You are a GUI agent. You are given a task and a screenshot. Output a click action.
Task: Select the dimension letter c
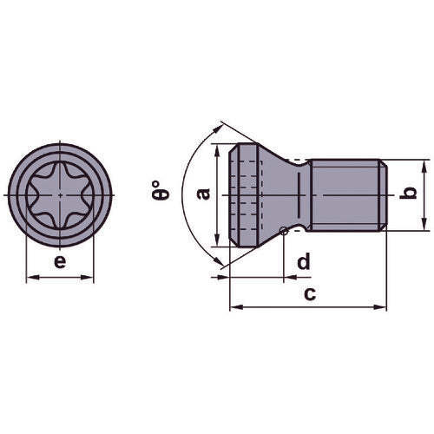click(308, 293)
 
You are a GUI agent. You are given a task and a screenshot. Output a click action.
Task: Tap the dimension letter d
click(303, 262)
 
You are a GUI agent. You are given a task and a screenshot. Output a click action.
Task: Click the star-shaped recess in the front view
click(60, 194)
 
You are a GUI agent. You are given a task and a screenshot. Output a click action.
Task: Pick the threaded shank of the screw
click(344, 194)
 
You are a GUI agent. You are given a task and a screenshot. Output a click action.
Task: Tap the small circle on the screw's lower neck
click(286, 230)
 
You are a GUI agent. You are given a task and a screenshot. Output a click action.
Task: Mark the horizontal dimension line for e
click(60, 278)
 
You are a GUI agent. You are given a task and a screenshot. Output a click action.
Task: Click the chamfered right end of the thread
click(382, 194)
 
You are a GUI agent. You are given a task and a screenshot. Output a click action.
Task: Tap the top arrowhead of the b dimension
click(423, 165)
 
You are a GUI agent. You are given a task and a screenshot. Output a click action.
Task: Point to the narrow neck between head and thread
click(303, 194)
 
